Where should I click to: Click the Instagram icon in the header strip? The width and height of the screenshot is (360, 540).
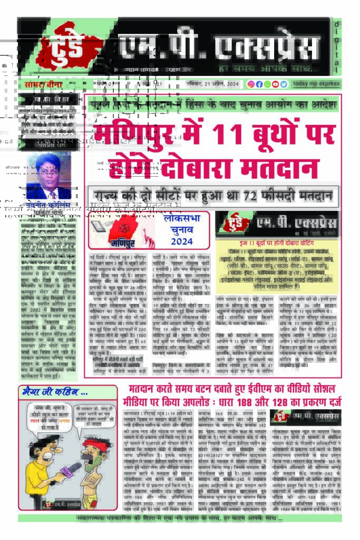coord(251,84)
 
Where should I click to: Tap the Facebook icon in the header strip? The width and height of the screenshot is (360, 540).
coord(259,84)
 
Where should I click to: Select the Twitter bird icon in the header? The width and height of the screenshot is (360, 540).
coord(284,84)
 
